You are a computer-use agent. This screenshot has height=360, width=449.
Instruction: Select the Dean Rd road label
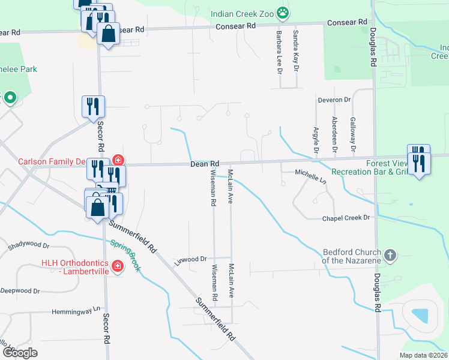[205, 163]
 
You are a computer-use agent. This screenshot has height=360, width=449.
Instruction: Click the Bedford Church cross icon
[390, 256]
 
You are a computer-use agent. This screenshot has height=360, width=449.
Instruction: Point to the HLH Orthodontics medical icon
[118, 265]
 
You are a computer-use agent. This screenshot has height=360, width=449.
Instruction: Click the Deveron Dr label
[334, 100]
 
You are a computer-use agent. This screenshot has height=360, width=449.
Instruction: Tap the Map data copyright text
[423, 355]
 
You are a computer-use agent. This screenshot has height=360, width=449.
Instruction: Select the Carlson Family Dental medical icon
[118, 160]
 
